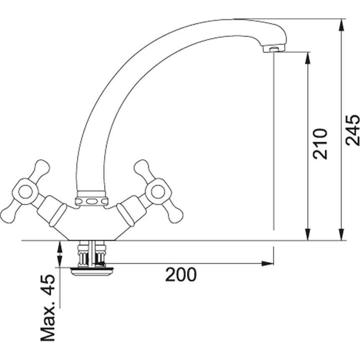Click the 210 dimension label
(x=320, y=144)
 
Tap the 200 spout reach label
(x=181, y=275)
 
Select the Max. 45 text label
(x=48, y=308)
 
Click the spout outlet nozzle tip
(x=274, y=49)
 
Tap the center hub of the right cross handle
(x=158, y=192)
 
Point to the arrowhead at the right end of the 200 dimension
(x=267, y=263)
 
